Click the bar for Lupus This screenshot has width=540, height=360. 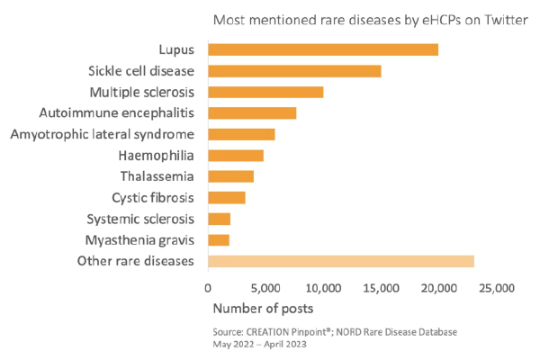[323, 49]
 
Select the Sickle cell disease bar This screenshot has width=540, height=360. [294, 71]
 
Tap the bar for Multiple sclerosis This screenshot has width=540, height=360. [265, 92]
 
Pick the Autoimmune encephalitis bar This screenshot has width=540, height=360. [252, 113]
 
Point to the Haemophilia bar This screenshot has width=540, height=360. [236, 156]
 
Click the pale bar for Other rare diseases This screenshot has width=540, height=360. [341, 261]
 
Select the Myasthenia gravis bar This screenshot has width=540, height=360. [219, 240]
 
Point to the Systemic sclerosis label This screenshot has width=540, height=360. [140, 219]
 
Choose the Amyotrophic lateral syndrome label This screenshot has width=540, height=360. [103, 134]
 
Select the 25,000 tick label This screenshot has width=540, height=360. [496, 289]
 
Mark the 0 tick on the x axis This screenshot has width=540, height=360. [208, 289]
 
